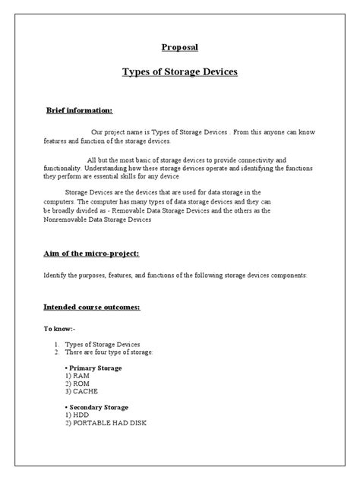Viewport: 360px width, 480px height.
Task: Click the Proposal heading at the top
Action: pos(179,47)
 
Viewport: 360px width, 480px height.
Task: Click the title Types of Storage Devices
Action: pos(180,72)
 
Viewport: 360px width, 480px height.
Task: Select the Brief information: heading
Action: pos(80,110)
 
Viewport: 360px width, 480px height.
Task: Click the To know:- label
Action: pos(58,330)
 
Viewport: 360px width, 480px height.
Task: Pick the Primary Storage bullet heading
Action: pos(94,368)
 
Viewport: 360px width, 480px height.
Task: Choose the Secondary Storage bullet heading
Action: pos(97,408)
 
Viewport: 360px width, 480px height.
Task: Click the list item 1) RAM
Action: pos(77,376)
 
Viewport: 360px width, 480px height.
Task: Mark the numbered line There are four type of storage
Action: pos(110,353)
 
